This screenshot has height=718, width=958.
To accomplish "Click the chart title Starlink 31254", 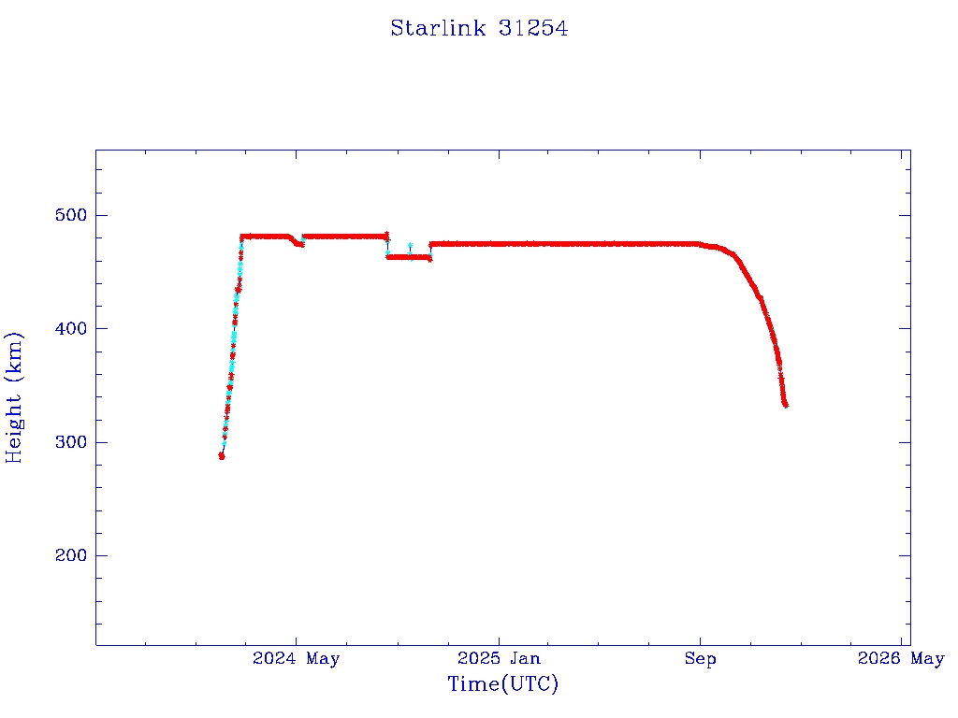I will (479, 29).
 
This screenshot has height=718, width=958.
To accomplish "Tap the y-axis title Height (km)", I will (15, 396).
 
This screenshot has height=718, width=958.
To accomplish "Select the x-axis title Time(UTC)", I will (503, 684).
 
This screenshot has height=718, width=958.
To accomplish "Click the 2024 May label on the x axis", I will (297, 659).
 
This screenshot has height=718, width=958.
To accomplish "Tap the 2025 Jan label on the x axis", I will (499, 659).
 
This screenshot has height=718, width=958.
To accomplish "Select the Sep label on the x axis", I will (700, 659).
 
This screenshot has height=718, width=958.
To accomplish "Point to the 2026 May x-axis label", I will (901, 659).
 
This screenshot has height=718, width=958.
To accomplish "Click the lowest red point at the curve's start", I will (222, 456).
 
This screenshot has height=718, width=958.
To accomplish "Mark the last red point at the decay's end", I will (786, 405).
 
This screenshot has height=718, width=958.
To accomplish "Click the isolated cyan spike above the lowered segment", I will (410, 245).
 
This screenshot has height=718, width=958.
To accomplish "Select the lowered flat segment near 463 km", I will (408, 256).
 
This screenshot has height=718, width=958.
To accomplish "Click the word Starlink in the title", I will (438, 29).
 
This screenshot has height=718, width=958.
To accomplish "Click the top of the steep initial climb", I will (242, 237).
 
